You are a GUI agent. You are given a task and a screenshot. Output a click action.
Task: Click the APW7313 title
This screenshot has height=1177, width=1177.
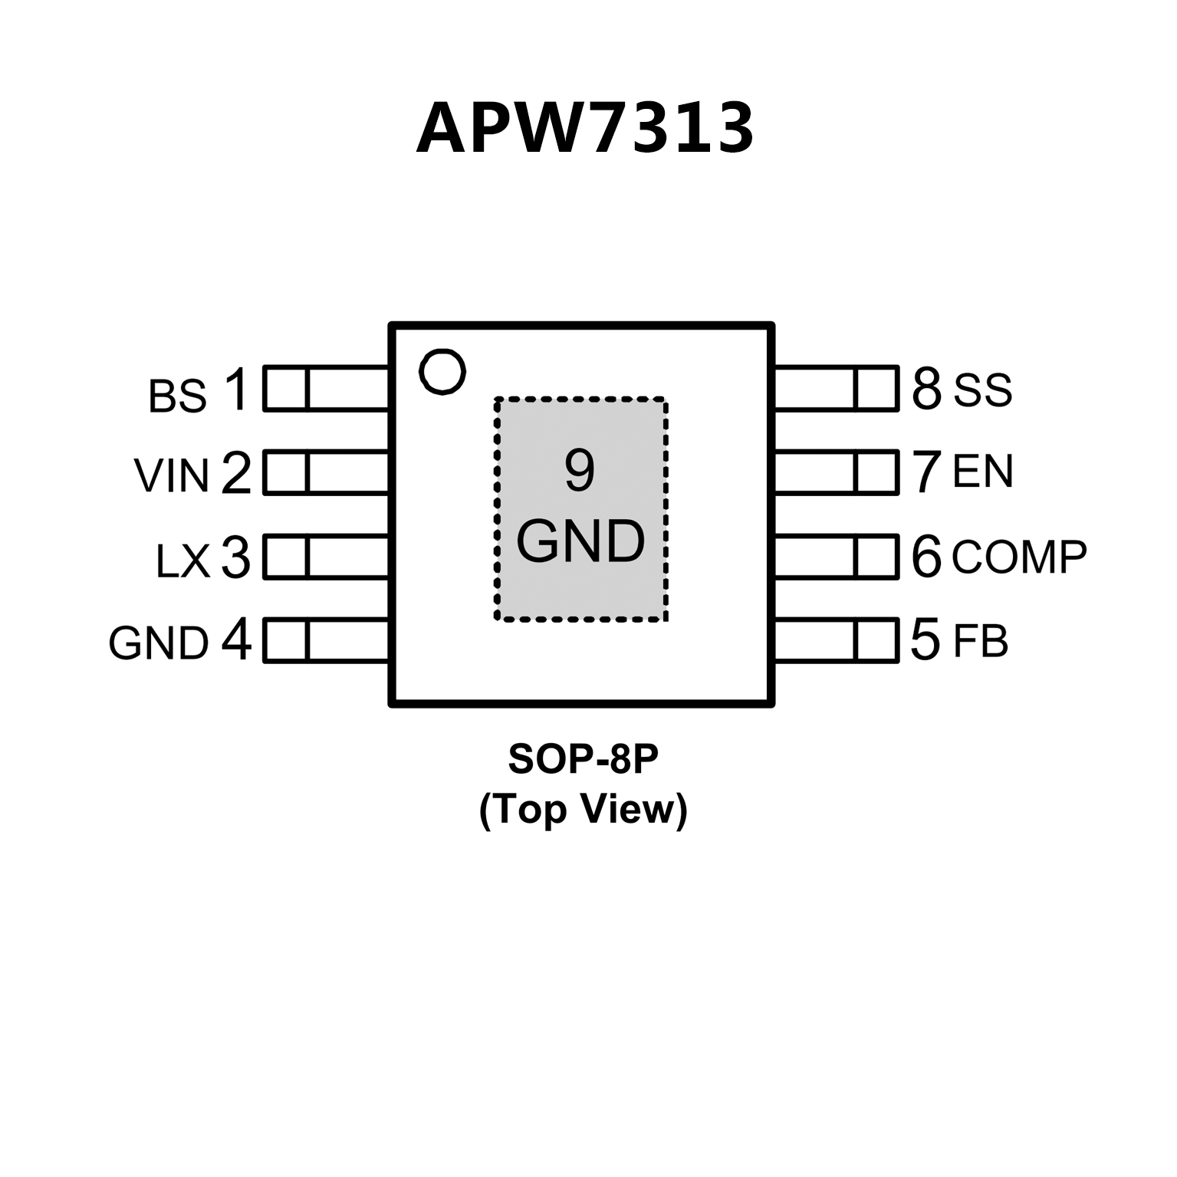[585, 128]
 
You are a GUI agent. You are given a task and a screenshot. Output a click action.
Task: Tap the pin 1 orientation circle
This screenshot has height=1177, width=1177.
[442, 372]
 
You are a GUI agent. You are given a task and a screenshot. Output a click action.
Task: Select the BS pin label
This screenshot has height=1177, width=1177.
[177, 396]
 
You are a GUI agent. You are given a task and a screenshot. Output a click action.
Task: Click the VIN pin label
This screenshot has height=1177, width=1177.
[172, 475]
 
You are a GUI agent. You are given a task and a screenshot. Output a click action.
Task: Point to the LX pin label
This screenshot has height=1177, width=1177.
[182, 561]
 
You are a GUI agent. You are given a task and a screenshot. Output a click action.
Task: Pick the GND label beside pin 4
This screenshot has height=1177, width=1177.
[159, 643]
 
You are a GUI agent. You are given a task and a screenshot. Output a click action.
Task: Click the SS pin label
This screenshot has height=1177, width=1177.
[982, 390]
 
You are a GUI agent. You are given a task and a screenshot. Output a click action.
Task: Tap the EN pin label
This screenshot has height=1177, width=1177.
[982, 472]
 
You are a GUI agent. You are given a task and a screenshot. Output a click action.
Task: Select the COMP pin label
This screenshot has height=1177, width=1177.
[1019, 557]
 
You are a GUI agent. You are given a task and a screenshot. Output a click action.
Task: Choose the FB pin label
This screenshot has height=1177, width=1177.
[980, 641]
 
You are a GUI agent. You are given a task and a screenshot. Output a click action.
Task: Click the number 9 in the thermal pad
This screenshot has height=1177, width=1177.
[580, 470]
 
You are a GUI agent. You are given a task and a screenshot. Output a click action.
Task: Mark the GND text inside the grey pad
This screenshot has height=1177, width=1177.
[580, 541]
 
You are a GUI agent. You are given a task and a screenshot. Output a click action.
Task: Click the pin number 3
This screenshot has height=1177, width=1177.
[235, 557]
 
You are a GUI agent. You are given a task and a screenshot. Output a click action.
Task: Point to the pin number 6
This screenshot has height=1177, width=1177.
[926, 557]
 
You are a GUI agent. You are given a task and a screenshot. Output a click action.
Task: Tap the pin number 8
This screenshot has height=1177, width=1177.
[926, 389]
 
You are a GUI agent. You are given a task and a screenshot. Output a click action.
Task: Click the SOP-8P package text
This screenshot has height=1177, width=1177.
[583, 759]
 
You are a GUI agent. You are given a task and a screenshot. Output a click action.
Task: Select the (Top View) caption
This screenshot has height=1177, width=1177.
[583, 809]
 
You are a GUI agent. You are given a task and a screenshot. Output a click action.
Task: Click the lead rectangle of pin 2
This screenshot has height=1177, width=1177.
[326, 472]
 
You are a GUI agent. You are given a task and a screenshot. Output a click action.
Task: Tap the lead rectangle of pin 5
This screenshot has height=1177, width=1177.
[836, 639]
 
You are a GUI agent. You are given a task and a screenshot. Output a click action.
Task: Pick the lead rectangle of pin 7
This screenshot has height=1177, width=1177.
[836, 472]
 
